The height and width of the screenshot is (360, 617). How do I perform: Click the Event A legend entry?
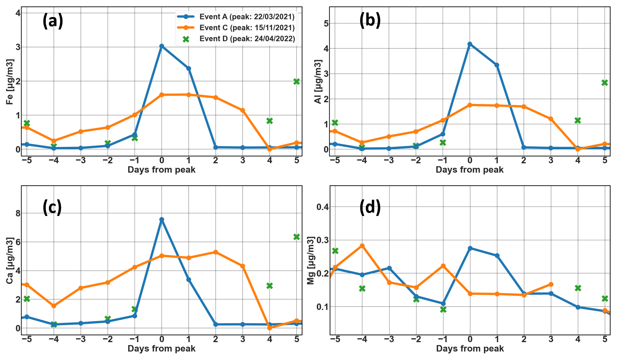(x=236, y=17)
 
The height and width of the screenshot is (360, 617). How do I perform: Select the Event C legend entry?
(x=236, y=28)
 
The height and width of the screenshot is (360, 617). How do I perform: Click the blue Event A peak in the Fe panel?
(x=162, y=46)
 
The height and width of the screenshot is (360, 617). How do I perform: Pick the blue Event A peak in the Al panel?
(x=470, y=44)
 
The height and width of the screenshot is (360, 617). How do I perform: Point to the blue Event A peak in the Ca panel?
(x=162, y=219)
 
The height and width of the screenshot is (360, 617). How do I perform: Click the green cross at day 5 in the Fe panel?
(x=297, y=81)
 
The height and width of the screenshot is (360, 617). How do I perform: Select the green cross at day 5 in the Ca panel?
(x=297, y=237)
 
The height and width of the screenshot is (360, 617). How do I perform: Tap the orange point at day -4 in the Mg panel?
(x=362, y=246)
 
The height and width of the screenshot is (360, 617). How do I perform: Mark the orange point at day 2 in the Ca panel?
(x=216, y=252)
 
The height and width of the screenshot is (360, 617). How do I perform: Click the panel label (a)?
(x=53, y=21)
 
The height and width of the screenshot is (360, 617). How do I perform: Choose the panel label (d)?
(x=370, y=207)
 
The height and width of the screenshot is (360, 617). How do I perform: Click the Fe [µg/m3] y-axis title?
(x=9, y=82)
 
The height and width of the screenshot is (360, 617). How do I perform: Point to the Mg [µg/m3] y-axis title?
(x=310, y=260)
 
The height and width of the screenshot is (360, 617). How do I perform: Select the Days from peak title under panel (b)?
(x=470, y=170)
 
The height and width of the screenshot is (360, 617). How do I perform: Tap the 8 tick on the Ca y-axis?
(x=18, y=213)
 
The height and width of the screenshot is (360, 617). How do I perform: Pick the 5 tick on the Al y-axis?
(x=326, y=23)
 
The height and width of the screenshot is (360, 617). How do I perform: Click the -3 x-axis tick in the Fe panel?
(x=81, y=161)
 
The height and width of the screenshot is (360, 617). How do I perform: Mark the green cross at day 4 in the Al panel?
(x=578, y=121)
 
